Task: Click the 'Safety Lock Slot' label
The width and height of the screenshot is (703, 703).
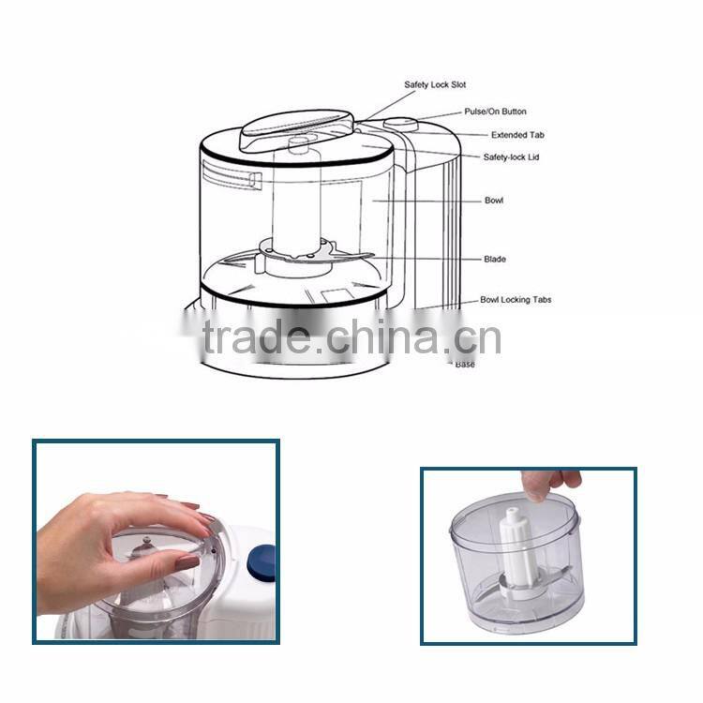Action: click(x=435, y=85)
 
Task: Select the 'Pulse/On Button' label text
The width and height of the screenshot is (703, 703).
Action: click(x=494, y=112)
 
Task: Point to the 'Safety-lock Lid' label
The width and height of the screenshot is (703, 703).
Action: click(x=511, y=157)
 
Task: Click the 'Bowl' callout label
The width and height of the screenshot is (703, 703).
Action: click(x=493, y=201)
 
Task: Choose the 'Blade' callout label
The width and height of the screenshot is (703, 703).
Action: click(x=495, y=259)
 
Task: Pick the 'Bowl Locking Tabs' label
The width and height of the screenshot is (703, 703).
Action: click(x=516, y=300)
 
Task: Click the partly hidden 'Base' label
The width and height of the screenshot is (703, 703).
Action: click(x=465, y=365)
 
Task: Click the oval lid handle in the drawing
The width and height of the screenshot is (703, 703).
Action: click(x=294, y=128)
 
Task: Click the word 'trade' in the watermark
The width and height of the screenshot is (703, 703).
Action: click(x=259, y=338)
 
